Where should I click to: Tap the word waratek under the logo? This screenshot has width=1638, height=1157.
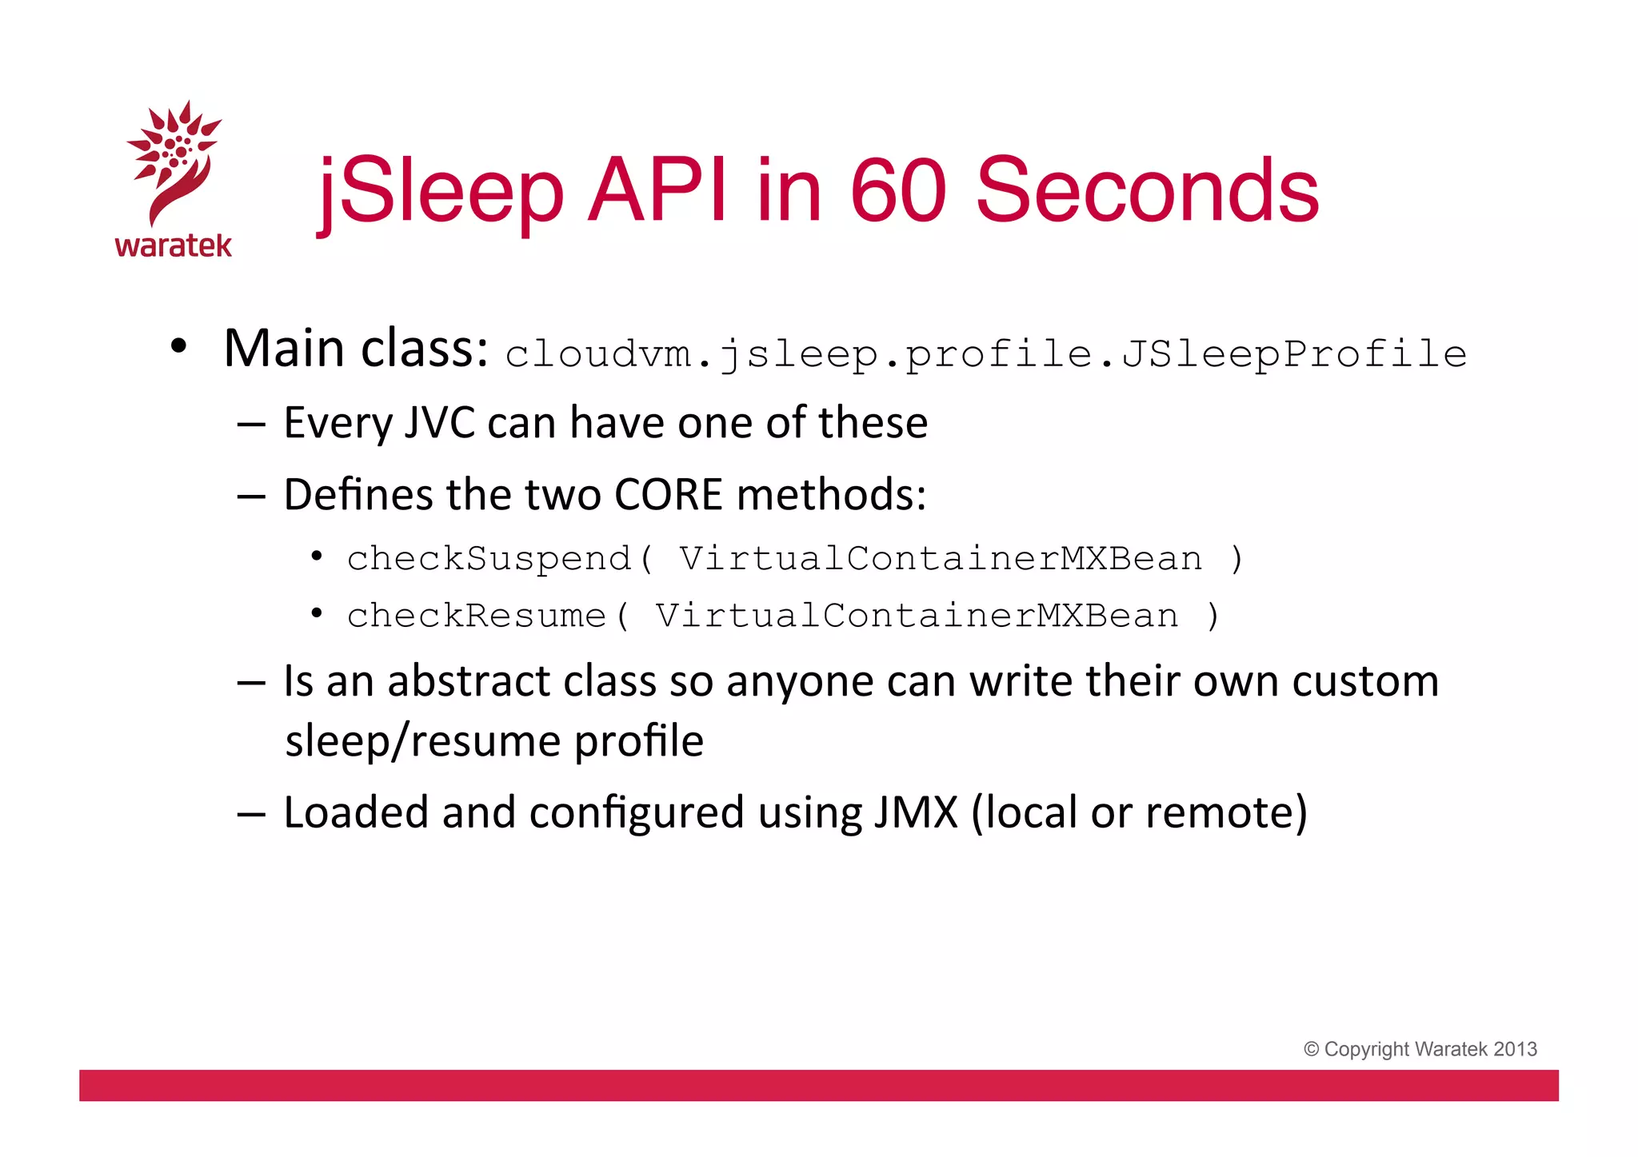point(173,245)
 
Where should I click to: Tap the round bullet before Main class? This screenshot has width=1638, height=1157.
point(178,347)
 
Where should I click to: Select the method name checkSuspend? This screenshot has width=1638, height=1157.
point(489,558)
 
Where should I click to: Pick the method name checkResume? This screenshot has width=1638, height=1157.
point(477,616)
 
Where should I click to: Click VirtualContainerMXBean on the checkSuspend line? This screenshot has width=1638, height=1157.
point(941,558)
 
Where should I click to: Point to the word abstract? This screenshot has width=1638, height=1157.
point(469,681)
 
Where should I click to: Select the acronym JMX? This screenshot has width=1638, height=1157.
point(915,812)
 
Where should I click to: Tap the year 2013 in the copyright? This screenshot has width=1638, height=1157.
point(1515,1049)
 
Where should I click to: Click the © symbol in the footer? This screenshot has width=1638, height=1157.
point(1311,1049)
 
